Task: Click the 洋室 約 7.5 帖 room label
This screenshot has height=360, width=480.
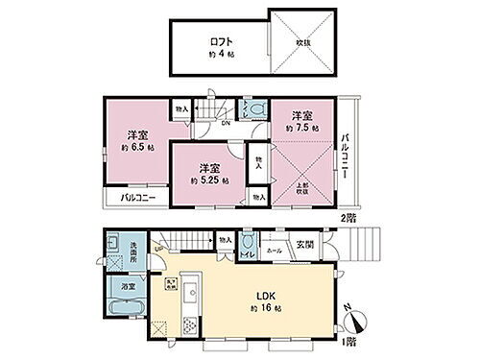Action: (x=300, y=116)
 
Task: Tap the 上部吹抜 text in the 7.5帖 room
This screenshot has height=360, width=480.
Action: (x=300, y=189)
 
